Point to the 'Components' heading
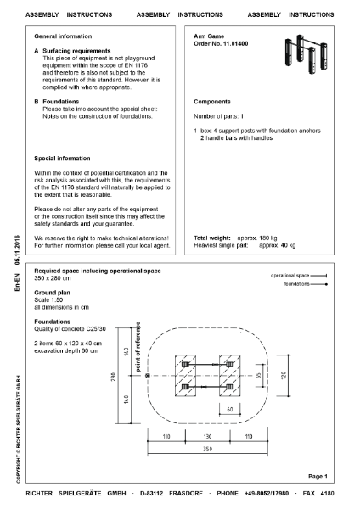pyautogui.click(x=213, y=101)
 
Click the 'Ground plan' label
pyautogui.click(x=51, y=288)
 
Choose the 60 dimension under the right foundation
pyautogui.click(x=230, y=408)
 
